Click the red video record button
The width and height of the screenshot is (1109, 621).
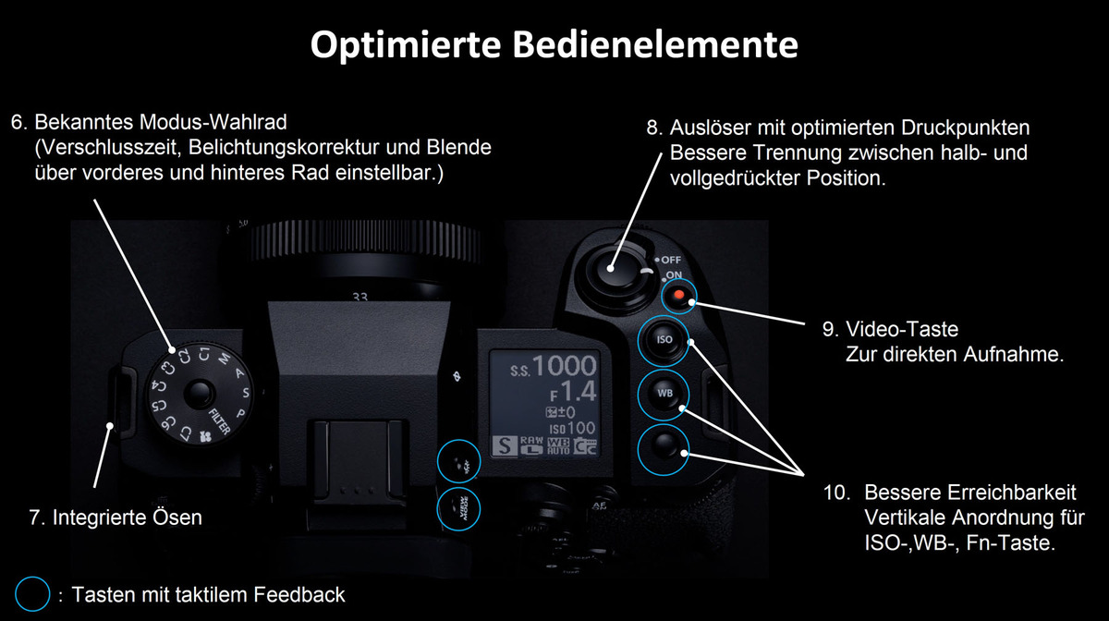[679, 296]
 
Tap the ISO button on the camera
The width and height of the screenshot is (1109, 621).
[664, 340]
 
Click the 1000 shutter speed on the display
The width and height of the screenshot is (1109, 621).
[565, 367]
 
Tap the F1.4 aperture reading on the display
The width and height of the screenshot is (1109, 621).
[574, 393]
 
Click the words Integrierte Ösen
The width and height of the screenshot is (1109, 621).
[127, 517]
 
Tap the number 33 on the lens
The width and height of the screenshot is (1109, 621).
[360, 298]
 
